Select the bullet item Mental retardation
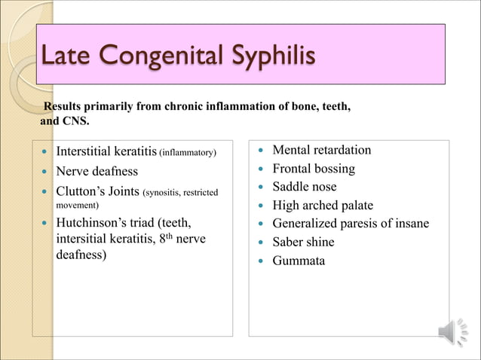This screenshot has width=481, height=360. coord(321,151)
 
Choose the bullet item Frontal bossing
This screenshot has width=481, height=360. coord(313,169)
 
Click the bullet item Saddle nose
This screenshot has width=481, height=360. coord(304,187)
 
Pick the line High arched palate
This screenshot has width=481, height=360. coord(322,205)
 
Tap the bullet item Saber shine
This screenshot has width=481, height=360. coord(303,242)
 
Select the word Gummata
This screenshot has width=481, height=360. coord(299,261)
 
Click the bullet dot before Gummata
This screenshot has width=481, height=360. coord(259,261)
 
